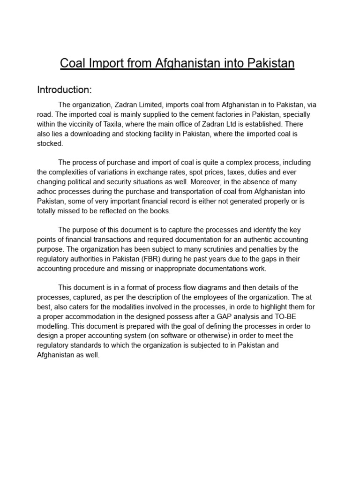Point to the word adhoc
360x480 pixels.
pyautogui.click(x=47, y=191)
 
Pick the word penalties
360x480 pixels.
pyautogui.click(x=263, y=249)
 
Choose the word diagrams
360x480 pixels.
pyautogui.click(x=202, y=287)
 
